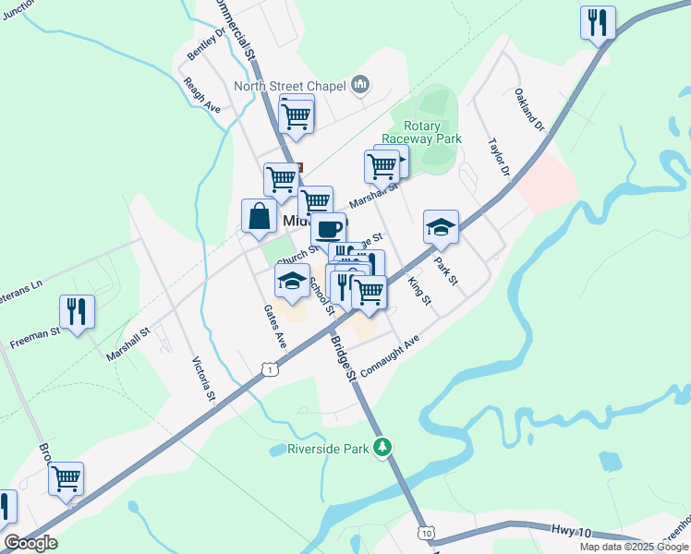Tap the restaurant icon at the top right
pyautogui.click(x=598, y=21)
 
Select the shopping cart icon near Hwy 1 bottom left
pyautogui.click(x=66, y=477)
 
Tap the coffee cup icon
pyautogui.click(x=327, y=227)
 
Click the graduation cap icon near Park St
pyautogui.click(x=442, y=226)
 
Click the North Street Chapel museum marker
pyautogui.click(x=360, y=86)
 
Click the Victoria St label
pyautogui.click(x=203, y=379)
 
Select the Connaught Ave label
pyautogui.click(x=390, y=355)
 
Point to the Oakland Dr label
pyautogui.click(x=530, y=109)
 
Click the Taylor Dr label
pyautogui.click(x=500, y=158)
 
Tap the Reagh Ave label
pyautogui.click(x=201, y=94)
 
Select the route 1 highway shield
pyautogui.click(x=269, y=368)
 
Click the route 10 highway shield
pyautogui.click(x=426, y=534)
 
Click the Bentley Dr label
pyautogui.click(x=206, y=43)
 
